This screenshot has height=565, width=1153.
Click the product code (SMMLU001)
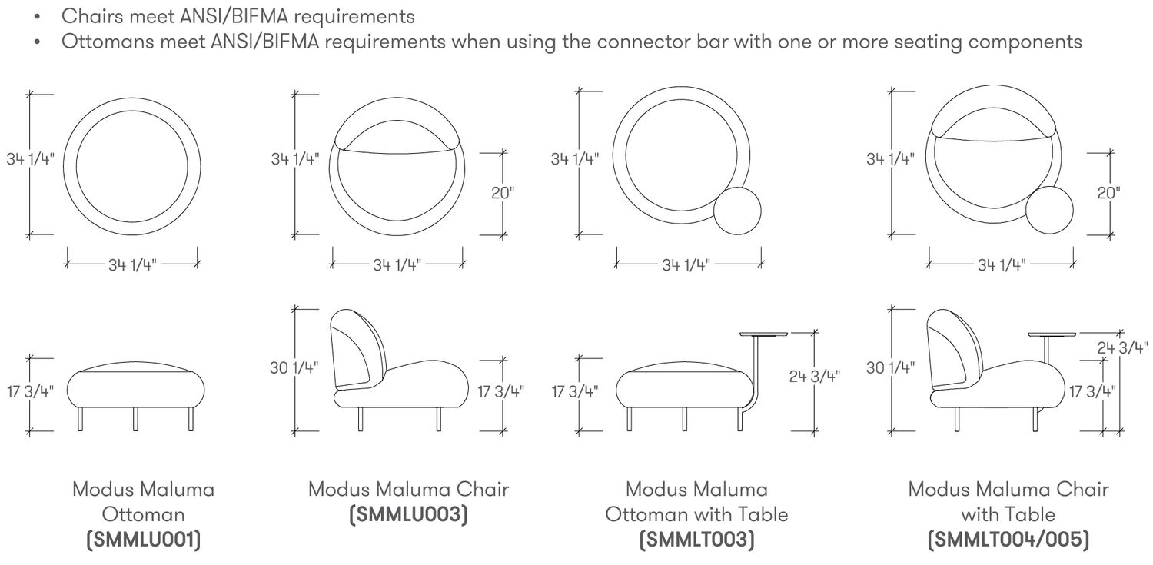click(x=143, y=540)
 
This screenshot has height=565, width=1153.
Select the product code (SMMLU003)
click(x=409, y=514)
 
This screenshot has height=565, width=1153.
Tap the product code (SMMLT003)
click(x=697, y=540)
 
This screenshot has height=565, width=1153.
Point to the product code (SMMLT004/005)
click(x=1008, y=540)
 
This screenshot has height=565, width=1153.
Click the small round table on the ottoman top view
click(x=737, y=211)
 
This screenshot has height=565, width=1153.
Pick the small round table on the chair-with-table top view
click(x=1049, y=209)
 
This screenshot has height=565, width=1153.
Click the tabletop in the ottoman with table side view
click(x=763, y=334)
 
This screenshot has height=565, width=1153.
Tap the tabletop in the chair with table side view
click(x=1052, y=334)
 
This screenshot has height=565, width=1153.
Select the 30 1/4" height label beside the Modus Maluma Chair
click(x=294, y=368)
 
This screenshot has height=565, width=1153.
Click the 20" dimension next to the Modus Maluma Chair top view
click(x=503, y=193)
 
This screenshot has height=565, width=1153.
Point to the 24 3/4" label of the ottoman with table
click(x=814, y=377)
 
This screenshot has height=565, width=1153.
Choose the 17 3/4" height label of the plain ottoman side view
click(x=30, y=391)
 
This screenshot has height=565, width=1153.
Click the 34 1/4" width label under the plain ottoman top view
click(x=132, y=265)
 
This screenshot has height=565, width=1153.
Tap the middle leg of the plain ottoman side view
click(x=135, y=420)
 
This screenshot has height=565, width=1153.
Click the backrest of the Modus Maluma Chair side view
click(x=357, y=350)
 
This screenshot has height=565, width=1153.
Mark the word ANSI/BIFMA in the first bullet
click(x=234, y=16)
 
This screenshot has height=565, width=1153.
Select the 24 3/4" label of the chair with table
click(x=1122, y=348)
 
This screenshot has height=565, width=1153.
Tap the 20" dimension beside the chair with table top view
click(x=1108, y=193)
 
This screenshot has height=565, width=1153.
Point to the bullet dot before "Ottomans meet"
click(x=37, y=42)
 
